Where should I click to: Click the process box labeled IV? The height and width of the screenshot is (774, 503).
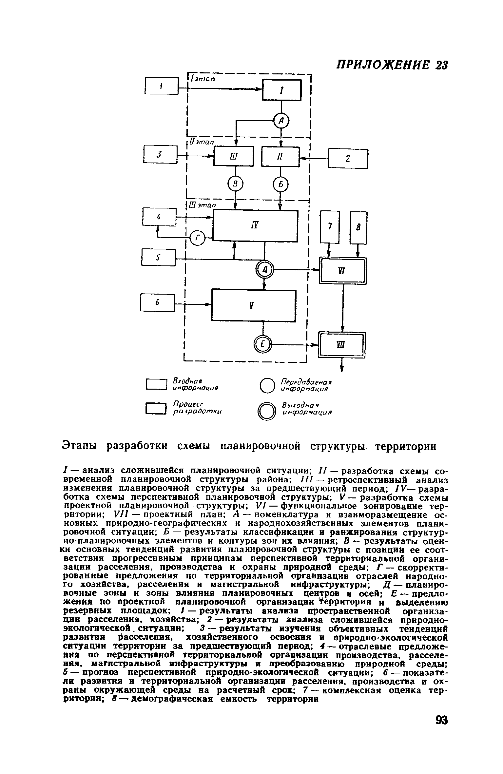point(255,226)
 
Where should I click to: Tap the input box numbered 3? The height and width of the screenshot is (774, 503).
point(160,154)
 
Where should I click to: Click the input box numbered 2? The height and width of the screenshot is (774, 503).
point(348,159)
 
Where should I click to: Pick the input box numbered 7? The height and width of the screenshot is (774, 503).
point(330,227)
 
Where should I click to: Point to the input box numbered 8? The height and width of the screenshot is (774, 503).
point(358,227)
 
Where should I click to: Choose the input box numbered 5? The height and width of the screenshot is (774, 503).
point(159,257)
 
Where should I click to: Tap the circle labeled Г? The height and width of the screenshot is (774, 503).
point(197,238)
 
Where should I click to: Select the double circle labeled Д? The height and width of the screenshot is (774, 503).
point(264,270)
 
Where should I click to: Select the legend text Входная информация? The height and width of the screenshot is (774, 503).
point(196,384)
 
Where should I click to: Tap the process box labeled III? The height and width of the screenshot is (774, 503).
point(234,156)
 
